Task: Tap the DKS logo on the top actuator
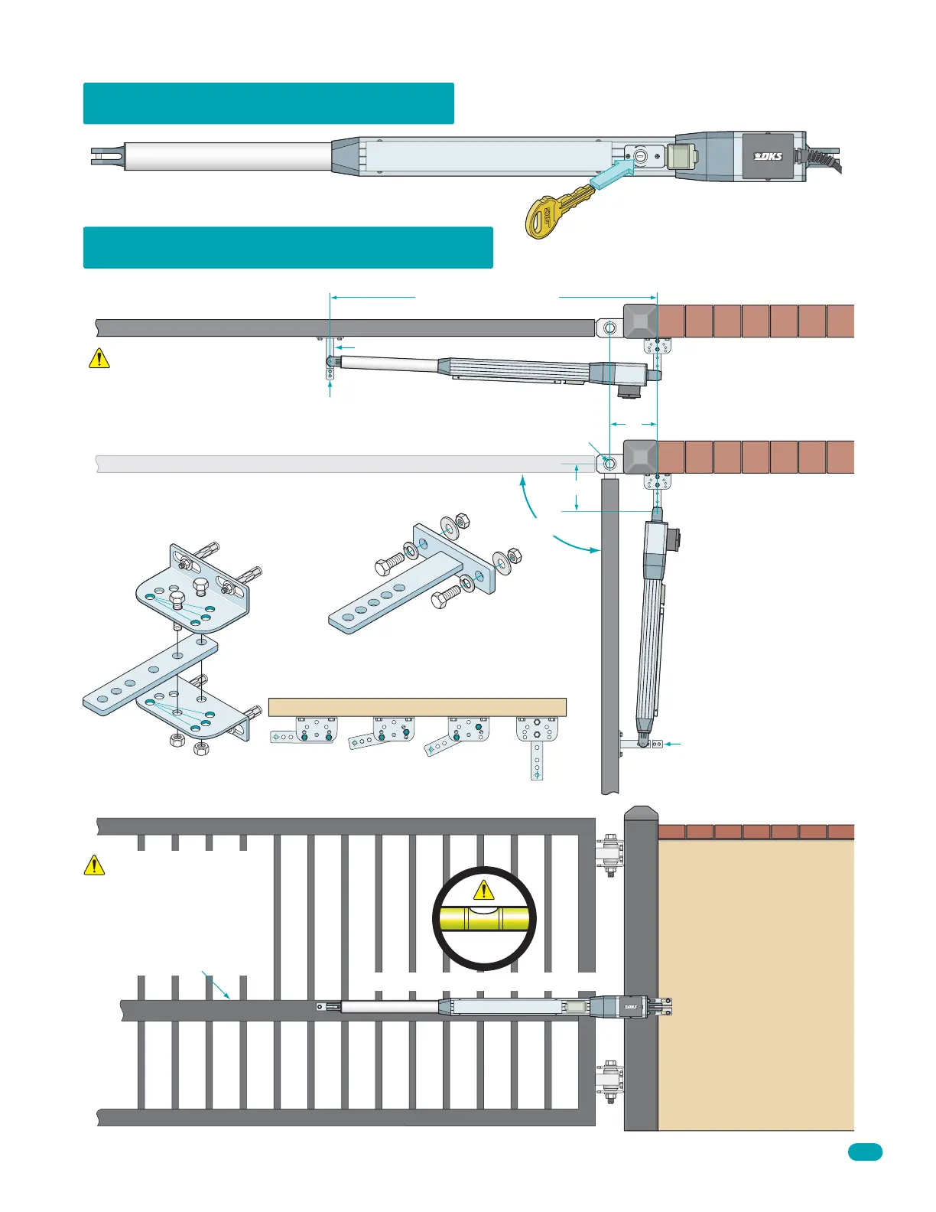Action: pos(768,156)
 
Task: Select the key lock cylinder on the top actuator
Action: pos(640,155)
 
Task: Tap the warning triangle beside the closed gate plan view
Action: pos(99,358)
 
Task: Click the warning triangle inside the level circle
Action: pos(483,890)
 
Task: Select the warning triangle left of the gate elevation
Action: pos(93,865)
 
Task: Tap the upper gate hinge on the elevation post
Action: pos(610,855)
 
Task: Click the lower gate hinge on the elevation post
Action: pos(610,1080)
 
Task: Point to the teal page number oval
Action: pos(865,1152)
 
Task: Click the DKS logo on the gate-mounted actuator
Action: pos(631,1007)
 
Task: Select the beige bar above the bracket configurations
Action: pos(417,707)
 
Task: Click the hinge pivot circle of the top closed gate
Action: pos(609,328)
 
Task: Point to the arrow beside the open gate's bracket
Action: pos(671,743)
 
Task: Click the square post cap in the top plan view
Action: pos(640,321)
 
